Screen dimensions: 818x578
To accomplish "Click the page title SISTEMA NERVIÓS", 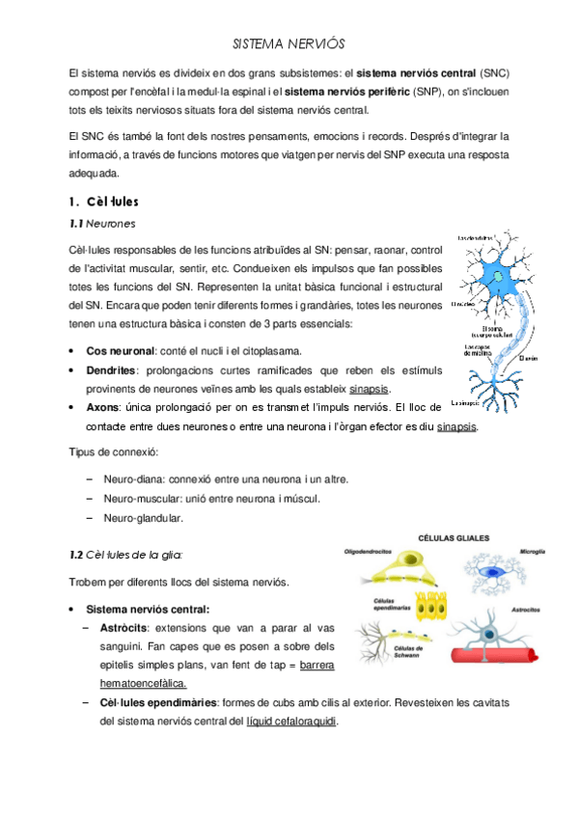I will pyautogui.click(x=289, y=44).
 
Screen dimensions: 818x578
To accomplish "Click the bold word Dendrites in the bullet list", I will pyautogui.click(x=111, y=369).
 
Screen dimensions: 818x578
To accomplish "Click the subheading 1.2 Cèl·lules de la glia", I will pyautogui.click(x=125, y=555).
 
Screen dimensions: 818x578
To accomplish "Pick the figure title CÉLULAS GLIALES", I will pyautogui.click(x=453, y=538).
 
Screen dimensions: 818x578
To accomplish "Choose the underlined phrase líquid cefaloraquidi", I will pyautogui.click(x=292, y=721).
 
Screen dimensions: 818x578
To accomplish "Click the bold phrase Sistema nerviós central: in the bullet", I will pyautogui.click(x=148, y=609).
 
